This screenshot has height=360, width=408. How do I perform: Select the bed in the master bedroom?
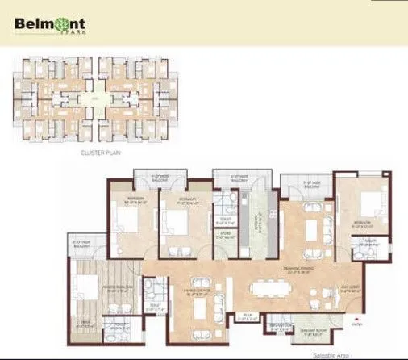(84, 292)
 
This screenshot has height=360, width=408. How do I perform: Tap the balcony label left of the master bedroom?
(83, 243)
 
